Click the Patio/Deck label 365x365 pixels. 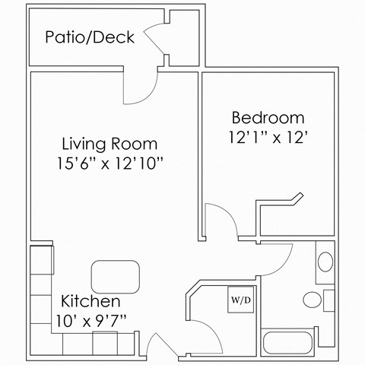point(89,37)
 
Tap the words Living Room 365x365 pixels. point(109,144)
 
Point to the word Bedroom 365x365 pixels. point(268,118)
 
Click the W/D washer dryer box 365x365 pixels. point(242,300)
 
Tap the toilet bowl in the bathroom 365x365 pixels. point(312,297)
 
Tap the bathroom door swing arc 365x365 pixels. point(275,257)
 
